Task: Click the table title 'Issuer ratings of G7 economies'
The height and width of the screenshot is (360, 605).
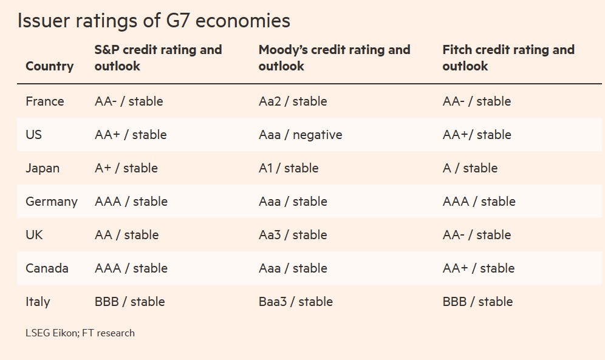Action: pos(154,21)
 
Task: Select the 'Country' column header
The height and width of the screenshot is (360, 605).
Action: pos(49,66)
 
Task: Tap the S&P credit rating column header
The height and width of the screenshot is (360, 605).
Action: pos(158,58)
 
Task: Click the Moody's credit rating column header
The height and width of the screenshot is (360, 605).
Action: pos(334,58)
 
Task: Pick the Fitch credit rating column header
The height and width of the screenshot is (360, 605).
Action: pos(508,58)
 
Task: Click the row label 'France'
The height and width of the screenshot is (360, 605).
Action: pos(44,101)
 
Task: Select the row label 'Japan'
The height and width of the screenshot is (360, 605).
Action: pos(43,168)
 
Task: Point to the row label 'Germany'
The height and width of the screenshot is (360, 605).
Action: pos(52,202)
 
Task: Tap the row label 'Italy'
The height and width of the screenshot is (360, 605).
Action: pos(38,302)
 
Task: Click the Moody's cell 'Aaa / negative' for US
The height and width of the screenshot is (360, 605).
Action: pos(300,135)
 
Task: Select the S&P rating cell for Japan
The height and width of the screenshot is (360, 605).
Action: pos(126,168)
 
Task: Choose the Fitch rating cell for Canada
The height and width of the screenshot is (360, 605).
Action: pos(478,268)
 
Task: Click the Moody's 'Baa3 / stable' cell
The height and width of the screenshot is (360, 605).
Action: pos(295,302)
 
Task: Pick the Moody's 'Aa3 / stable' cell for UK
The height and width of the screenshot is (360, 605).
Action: pos(293,235)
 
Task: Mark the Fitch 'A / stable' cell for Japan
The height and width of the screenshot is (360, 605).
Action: pos(470,168)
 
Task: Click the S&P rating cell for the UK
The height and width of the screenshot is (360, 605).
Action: pos(126,235)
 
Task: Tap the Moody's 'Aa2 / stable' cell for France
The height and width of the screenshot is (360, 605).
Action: pos(293,101)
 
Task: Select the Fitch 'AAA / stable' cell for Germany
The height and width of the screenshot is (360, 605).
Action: pos(479,202)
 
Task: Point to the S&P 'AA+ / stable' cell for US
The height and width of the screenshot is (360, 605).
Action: pos(131,135)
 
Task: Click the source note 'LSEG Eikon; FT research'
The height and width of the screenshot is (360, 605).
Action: pos(80,333)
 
